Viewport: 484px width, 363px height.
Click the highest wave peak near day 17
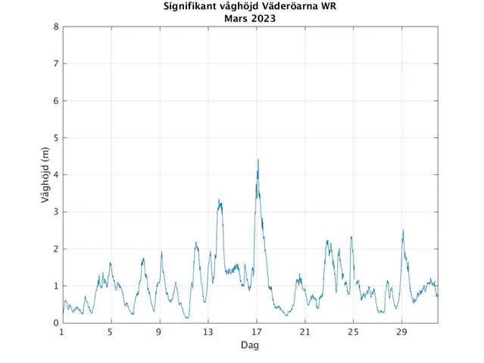click(x=258, y=160)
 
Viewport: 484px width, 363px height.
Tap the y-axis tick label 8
click(x=56, y=27)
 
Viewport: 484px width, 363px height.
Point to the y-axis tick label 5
click(x=56, y=138)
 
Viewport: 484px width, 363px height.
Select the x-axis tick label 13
click(x=208, y=332)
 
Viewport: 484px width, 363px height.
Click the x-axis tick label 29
click(x=401, y=332)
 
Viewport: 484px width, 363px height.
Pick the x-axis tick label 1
click(x=62, y=332)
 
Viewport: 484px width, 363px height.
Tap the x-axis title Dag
click(x=250, y=345)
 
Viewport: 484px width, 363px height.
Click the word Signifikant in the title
click(x=193, y=8)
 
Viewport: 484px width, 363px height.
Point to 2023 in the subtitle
click(x=261, y=19)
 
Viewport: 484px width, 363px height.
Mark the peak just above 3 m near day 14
click(x=219, y=199)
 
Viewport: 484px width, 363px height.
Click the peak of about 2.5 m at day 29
click(x=403, y=230)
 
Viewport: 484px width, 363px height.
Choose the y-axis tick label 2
click(x=56, y=249)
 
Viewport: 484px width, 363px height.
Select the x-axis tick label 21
click(x=304, y=332)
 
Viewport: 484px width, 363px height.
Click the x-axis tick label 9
click(x=159, y=332)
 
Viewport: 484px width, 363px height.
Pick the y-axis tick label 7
click(x=56, y=64)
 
